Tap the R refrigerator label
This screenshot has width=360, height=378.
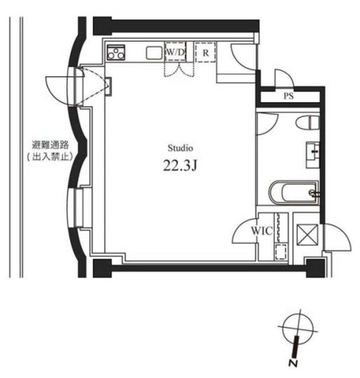tap(205, 52)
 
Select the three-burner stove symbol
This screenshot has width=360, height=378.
tap(116, 53)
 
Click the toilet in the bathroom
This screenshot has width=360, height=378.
tap(307, 123)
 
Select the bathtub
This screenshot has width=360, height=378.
tap(293, 192)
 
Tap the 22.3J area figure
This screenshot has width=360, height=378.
tap(179, 166)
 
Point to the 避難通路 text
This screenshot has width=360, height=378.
tap(50, 144)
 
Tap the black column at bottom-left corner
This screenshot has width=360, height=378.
tap(102, 268)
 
